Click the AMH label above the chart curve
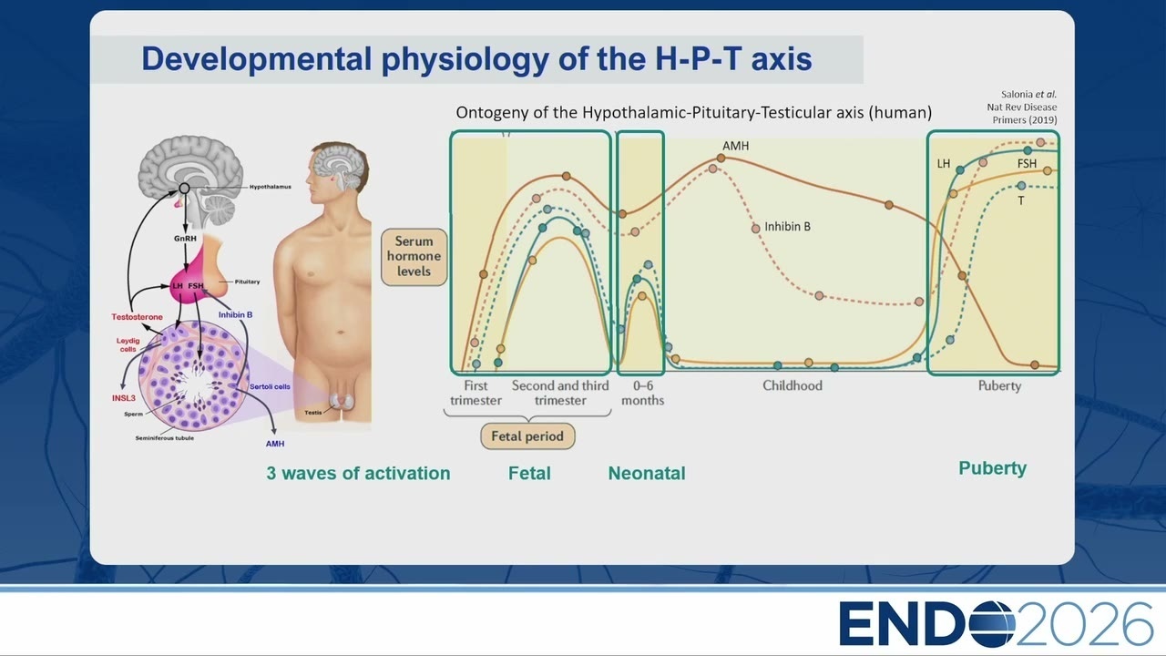pos(735,146)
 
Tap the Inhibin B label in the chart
pos(787,227)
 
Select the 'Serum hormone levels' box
pos(414,257)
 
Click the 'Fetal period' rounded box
pos(527,436)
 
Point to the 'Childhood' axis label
pos(793,385)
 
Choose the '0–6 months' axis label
pos(643,393)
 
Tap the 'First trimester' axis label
pos(476,393)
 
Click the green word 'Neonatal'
pos(647,473)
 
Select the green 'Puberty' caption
pos(993,468)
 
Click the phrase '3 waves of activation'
pos(358,473)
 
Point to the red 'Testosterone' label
pos(137,317)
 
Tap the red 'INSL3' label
pos(123,398)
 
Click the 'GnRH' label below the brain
pos(185,239)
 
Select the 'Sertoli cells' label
pos(270,387)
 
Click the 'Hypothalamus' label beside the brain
pos(271,187)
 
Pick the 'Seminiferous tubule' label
pos(165,438)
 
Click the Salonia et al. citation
pos(1023,108)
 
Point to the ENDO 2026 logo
pos(996,623)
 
